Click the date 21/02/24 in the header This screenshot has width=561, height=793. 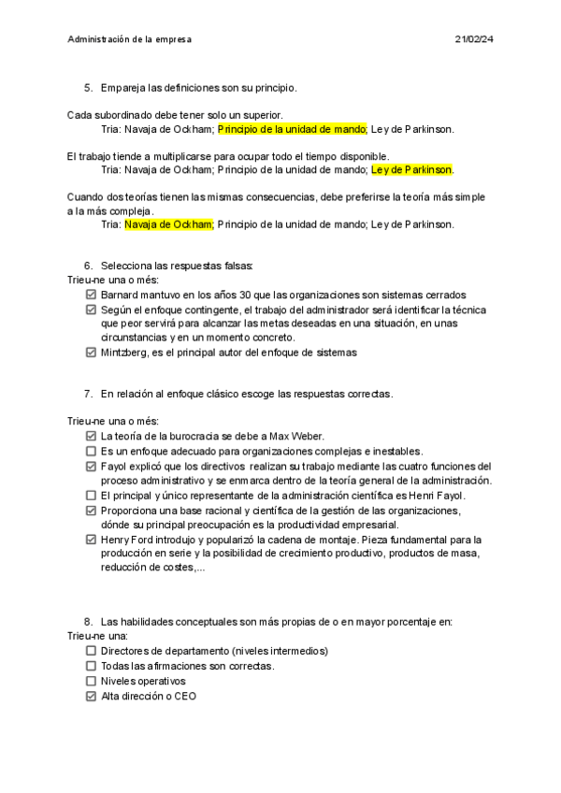474,39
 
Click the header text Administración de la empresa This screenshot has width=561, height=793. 130,39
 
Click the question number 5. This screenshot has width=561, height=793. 88,88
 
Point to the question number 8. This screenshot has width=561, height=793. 88,622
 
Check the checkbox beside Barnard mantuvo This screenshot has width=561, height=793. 91,296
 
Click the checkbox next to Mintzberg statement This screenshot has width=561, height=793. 91,353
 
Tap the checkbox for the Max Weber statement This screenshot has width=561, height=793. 91,436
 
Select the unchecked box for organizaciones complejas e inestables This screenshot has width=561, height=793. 91,451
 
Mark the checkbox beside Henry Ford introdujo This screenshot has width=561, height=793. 91,540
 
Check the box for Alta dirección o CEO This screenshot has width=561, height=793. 91,697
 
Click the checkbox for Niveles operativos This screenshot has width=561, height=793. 91,682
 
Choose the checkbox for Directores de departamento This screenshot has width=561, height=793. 91,652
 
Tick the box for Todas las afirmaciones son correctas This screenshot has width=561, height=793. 91,667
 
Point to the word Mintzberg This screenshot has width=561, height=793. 126,353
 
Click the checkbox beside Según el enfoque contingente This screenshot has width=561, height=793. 91,310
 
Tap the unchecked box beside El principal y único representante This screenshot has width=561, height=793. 91,496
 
